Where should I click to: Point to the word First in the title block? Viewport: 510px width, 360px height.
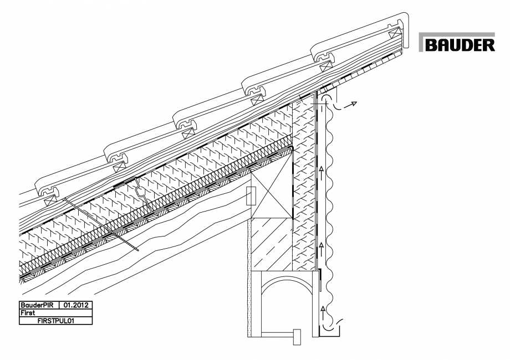pos(28,312)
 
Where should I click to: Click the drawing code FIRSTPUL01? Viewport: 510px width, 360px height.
pos(55,320)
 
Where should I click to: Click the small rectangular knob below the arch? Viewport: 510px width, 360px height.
pos(297,336)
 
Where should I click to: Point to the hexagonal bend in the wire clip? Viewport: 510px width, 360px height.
pos(141,193)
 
